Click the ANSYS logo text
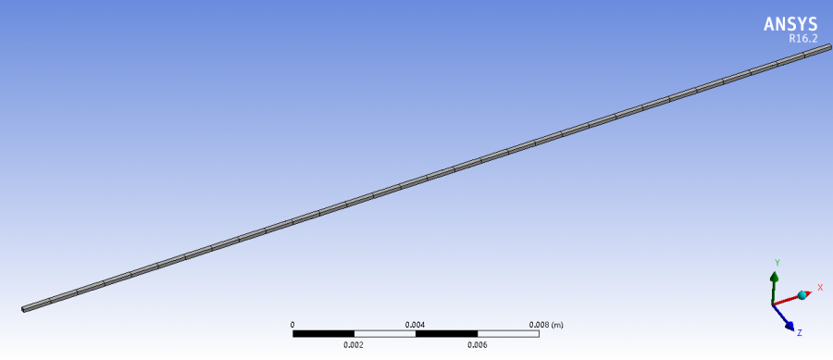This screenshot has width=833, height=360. [x=791, y=24]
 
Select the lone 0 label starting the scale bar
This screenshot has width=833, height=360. [x=292, y=325]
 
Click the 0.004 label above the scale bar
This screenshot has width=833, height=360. [x=416, y=325]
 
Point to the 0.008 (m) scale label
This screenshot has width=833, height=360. [x=545, y=325]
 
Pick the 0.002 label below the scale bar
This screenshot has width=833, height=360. [x=354, y=344]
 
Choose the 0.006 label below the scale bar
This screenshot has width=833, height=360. [x=477, y=344]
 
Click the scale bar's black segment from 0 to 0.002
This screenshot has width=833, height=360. [x=324, y=333]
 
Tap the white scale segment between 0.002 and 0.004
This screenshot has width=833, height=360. [x=385, y=333]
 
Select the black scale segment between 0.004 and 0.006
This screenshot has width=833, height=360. [x=446, y=333]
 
